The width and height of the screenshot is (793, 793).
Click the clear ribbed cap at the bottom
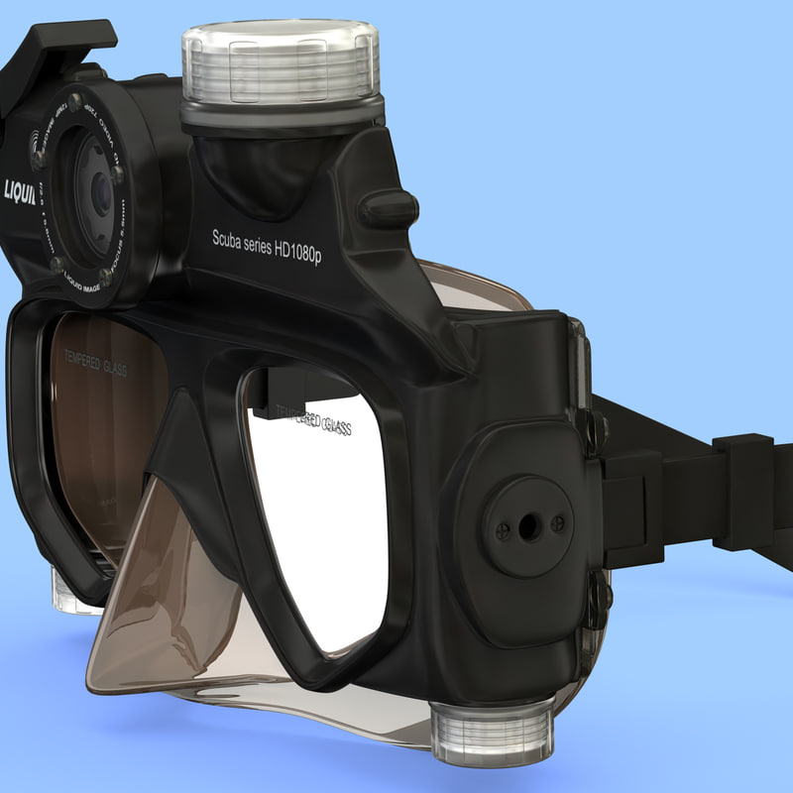click(x=493, y=731)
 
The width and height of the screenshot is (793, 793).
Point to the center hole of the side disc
click(x=522, y=526)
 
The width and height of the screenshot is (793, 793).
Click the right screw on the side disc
click(x=557, y=522)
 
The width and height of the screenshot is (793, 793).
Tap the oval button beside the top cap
click(x=388, y=207)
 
